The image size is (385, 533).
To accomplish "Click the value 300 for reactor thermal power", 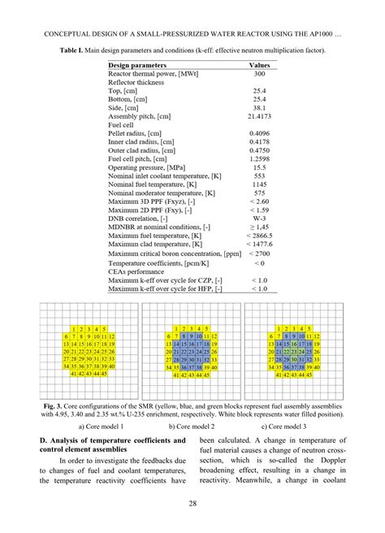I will click(259, 72).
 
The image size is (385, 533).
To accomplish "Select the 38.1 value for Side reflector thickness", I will click(259, 106).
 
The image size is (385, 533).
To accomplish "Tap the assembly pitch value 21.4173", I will click(259, 115).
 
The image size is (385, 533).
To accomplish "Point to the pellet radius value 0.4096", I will click(259, 132).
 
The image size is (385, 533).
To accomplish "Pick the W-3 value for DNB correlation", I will click(259, 218).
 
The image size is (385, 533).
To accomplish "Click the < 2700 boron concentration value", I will click(259, 254).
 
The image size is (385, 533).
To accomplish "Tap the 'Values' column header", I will click(259, 63).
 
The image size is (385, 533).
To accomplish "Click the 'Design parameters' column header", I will click(137, 63).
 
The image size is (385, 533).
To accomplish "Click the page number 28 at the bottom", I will click(192, 505).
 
